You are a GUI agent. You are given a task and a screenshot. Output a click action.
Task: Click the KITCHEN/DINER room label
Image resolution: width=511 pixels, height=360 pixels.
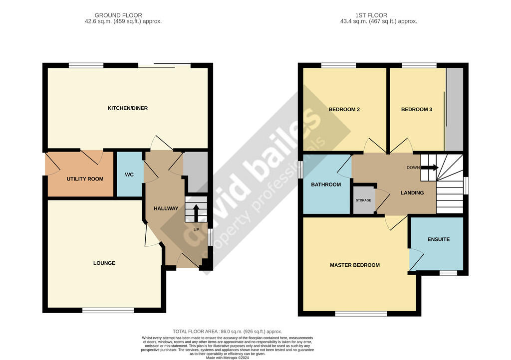point(127,108)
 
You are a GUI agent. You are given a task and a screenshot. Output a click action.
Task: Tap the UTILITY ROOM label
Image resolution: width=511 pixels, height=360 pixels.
point(85,179)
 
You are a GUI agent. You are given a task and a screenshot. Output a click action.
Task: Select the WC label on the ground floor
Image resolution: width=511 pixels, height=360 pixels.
point(129,175)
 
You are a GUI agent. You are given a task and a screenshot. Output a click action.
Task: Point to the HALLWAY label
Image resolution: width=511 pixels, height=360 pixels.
point(166,208)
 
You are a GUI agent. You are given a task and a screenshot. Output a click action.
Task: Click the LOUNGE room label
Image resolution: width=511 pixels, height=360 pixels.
point(104,263)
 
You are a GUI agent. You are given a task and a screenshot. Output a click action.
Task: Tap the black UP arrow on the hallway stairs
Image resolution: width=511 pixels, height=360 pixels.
point(196,212)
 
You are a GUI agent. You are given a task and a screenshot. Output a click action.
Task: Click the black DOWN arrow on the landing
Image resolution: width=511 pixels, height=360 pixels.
point(430,168)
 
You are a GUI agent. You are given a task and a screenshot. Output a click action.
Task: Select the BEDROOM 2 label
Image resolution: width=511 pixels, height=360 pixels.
point(344,109)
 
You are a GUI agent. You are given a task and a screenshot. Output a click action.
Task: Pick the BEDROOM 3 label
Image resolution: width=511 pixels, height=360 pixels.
point(417,109)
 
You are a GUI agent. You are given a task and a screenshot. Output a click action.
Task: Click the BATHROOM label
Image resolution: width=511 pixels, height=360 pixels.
point(326,184)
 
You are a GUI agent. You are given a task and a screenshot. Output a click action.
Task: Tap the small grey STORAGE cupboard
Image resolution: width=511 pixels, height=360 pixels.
point(364,200)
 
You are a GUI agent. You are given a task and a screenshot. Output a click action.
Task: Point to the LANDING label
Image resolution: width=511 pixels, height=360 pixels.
point(412,192)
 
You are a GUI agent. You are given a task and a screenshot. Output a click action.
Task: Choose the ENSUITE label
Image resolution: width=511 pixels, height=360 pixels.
point(439,239)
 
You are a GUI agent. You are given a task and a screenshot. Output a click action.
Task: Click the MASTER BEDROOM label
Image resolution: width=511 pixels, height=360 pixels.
point(355,265)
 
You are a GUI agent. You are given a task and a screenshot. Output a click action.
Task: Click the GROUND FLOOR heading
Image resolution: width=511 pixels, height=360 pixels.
point(118,15)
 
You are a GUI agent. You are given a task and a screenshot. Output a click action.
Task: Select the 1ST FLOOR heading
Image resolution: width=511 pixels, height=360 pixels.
point(371,15)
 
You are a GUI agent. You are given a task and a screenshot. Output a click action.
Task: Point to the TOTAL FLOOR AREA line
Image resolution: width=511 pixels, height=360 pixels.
point(228,332)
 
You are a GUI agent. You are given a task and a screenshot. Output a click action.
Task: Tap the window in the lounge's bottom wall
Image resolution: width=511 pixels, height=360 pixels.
point(108,311)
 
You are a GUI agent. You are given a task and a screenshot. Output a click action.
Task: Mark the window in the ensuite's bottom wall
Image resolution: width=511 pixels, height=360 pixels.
point(449,273)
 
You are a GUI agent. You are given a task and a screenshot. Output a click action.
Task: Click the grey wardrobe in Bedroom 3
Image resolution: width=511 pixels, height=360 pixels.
point(454,109)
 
